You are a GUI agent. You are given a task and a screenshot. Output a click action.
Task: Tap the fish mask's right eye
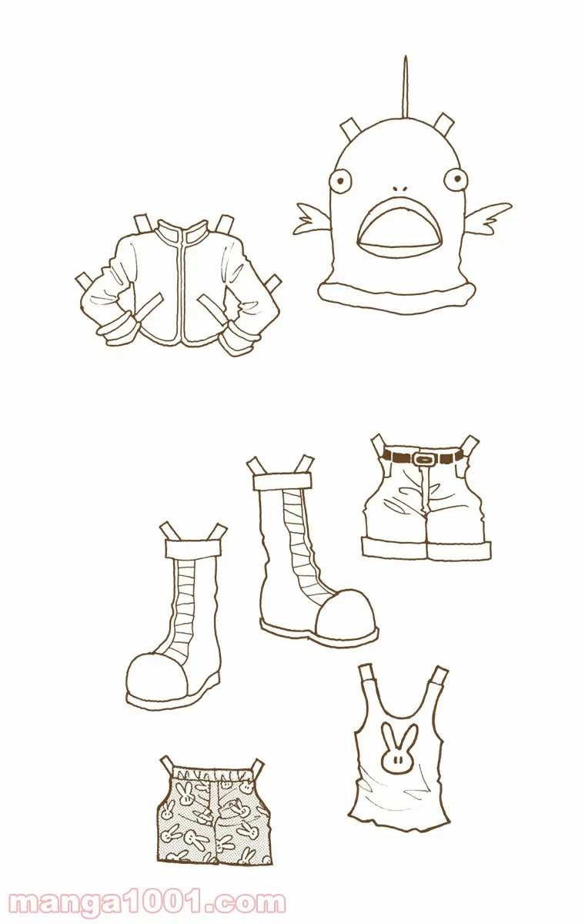coord(456,179)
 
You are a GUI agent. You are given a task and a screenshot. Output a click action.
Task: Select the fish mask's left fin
coord(312,218)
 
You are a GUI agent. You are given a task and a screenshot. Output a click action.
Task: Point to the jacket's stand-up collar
coord(182,234)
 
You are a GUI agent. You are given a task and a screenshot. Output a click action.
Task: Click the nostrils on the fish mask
coord(400,189)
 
